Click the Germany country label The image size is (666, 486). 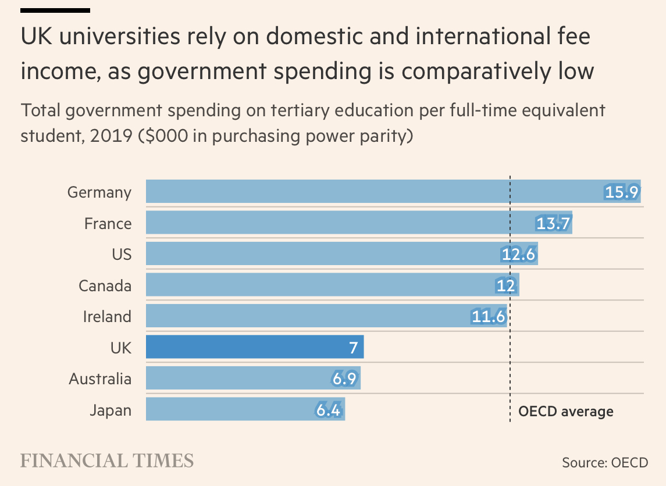[99, 192]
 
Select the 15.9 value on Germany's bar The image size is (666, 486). [621, 192]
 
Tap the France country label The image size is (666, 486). [108, 223]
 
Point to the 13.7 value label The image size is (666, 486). [553, 223]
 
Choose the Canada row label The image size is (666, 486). [105, 285]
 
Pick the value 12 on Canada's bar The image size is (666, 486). [506, 285]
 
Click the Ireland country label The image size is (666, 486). [107, 317]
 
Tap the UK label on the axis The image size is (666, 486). [120, 348]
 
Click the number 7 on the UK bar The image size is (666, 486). [352, 348]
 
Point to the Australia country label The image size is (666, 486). [100, 379]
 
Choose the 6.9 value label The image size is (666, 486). [344, 379]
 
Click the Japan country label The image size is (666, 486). [111, 410]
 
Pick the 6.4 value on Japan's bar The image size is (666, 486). [328, 410]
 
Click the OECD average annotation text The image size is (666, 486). [565, 412]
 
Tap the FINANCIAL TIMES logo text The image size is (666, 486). [107, 461]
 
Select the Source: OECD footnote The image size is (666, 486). [604, 463]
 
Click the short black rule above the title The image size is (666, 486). [55, 10]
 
